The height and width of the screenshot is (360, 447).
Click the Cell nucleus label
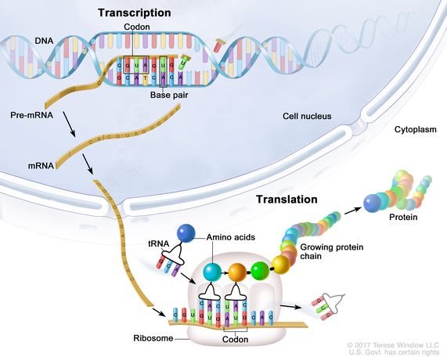pyautogui.click(x=307, y=117)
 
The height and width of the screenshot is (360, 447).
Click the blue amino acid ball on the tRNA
pyautogui.click(x=186, y=233)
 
